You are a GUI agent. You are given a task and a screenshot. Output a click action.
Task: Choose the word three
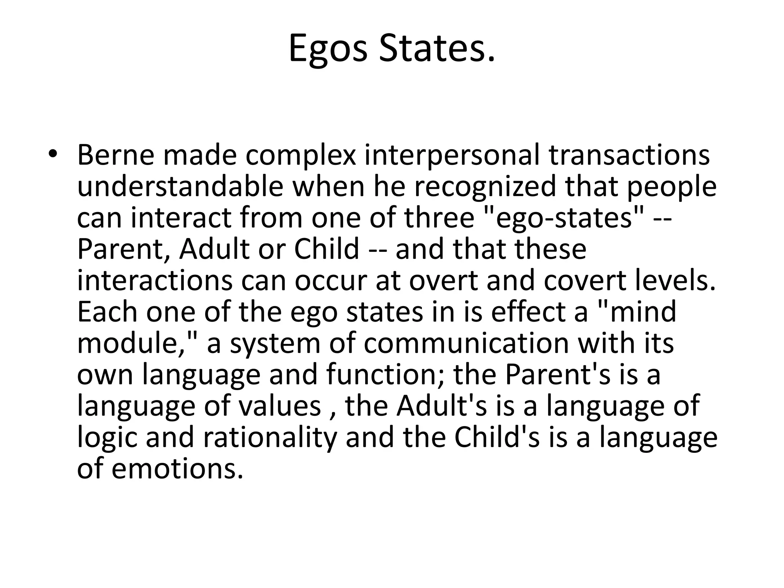pyautogui.click(x=439, y=218)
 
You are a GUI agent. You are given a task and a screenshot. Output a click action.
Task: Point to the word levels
pyautogui.click(x=675, y=281)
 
